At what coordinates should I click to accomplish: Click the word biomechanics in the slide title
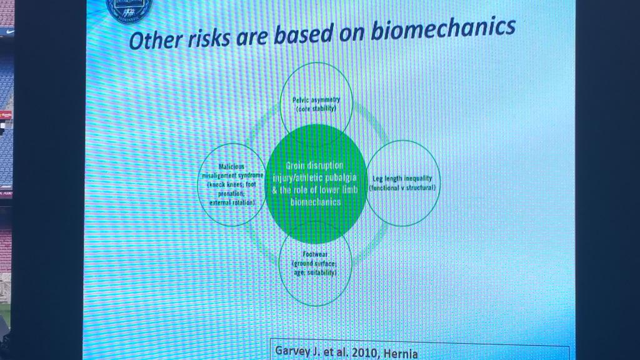[443, 30]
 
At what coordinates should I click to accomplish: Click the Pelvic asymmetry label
[316, 100]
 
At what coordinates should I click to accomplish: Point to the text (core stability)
[316, 109]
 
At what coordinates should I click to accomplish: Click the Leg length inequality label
[402, 178]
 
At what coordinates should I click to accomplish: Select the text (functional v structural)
[402, 187]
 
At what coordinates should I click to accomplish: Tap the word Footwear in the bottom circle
[315, 255]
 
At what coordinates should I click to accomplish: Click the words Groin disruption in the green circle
[315, 166]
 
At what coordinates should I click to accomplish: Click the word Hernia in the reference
[400, 352]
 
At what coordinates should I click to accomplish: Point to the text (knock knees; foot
[232, 185]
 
